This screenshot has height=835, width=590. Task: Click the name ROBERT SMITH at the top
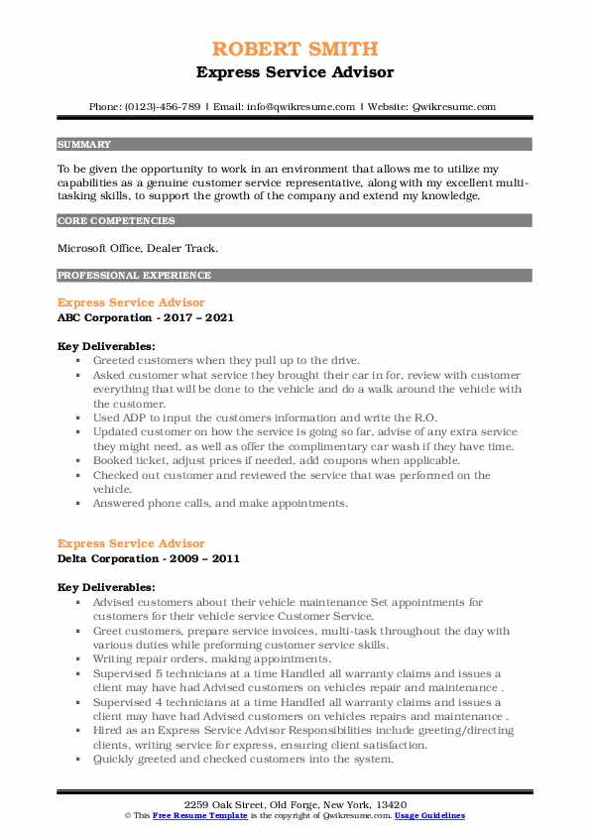click(295, 50)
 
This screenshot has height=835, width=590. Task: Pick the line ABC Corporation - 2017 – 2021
click(148, 317)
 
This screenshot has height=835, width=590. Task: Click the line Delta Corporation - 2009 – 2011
click(149, 558)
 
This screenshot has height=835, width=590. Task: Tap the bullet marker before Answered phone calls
click(77, 503)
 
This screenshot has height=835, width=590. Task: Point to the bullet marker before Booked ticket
click(77, 460)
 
